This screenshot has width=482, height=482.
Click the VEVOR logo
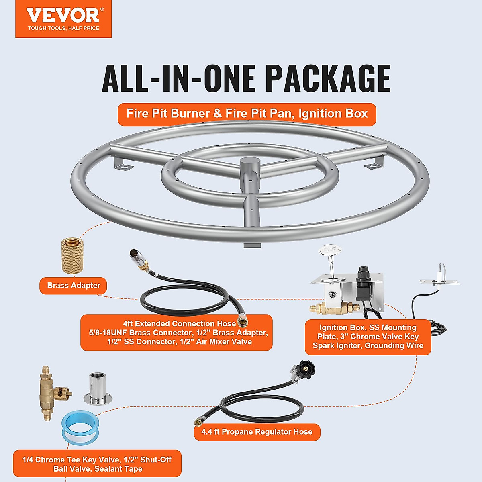click(63, 19)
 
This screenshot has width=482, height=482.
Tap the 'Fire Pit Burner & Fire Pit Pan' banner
click(247, 114)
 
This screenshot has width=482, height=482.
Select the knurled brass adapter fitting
click(72, 255)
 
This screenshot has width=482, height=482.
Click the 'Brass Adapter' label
click(74, 286)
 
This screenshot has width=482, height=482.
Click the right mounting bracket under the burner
click(376, 161)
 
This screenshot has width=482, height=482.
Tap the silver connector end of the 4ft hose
click(137, 257)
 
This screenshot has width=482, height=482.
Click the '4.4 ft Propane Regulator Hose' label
click(257, 432)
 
